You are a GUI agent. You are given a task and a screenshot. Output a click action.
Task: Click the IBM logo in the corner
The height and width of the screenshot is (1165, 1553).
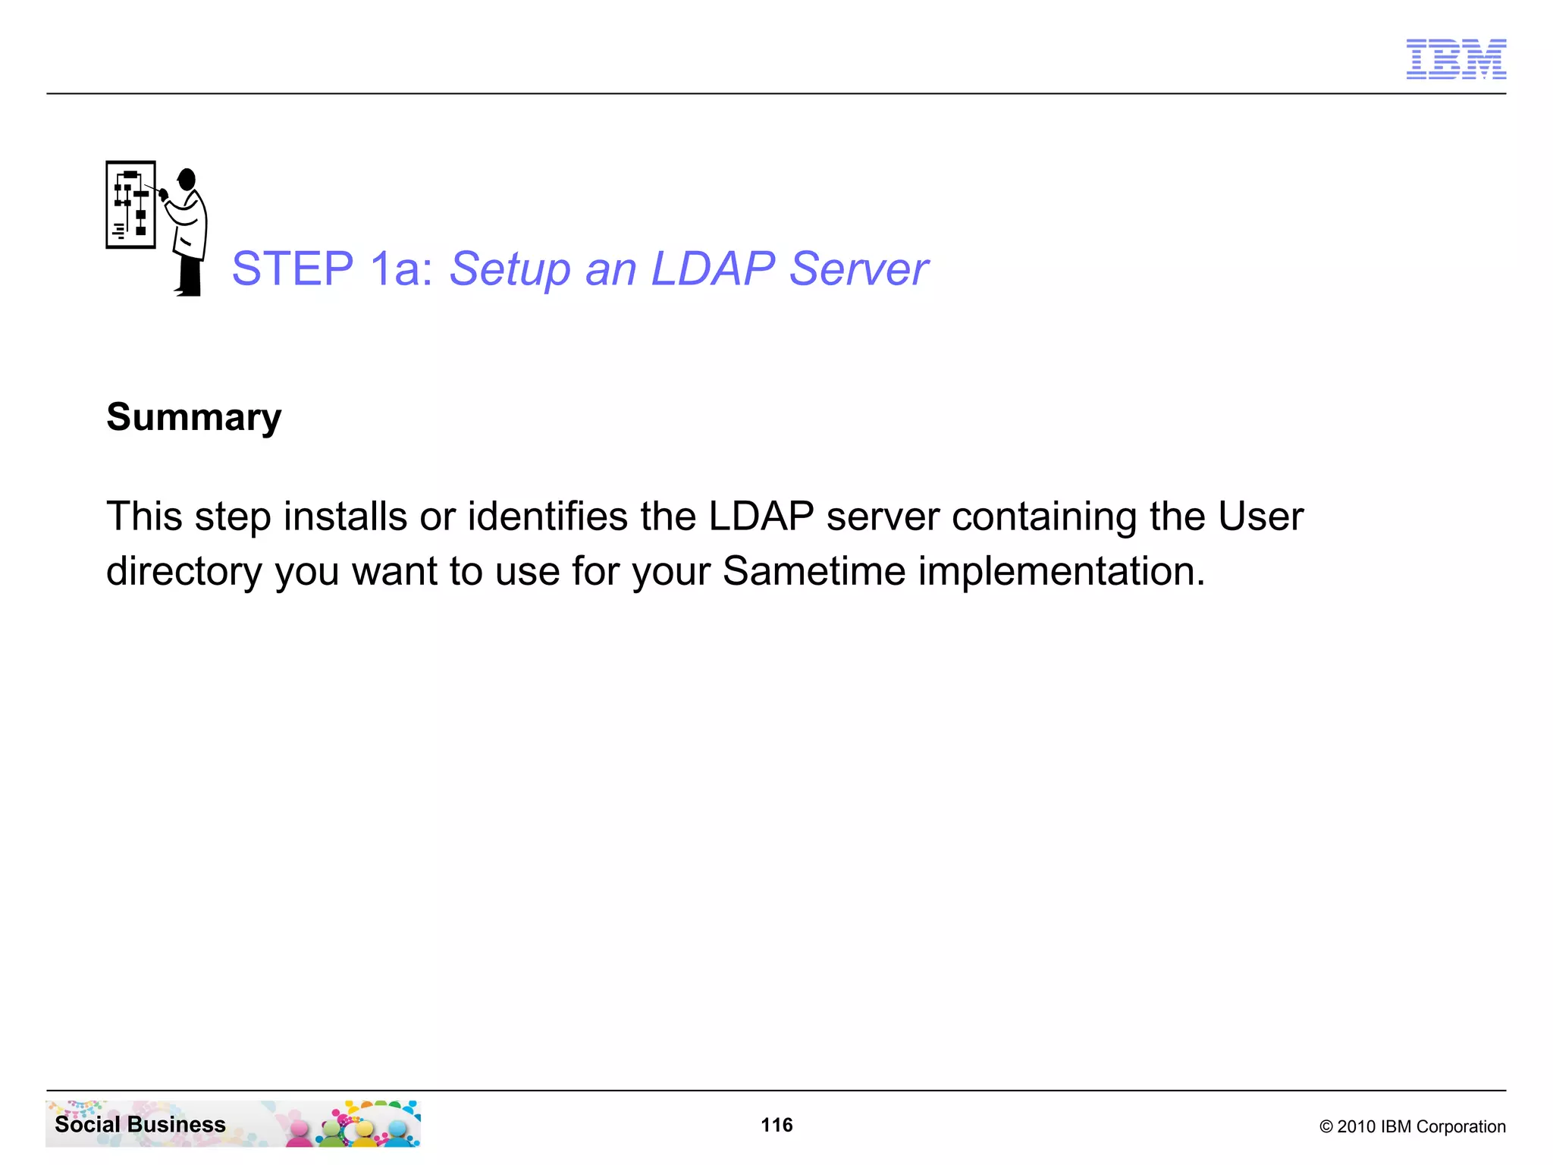[1456, 59]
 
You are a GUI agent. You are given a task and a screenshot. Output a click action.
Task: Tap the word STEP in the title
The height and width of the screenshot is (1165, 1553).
[293, 268]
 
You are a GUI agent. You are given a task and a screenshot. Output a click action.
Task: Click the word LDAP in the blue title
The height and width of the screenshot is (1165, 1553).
[713, 268]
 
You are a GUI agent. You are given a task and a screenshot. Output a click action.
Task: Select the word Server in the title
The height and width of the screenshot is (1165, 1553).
[858, 268]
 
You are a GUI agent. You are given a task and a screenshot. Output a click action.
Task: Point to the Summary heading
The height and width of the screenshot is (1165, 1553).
[194, 417]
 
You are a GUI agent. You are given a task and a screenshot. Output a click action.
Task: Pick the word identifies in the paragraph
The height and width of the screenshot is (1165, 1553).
[547, 517]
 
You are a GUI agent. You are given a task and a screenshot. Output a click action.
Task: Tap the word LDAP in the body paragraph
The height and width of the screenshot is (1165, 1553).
[761, 517]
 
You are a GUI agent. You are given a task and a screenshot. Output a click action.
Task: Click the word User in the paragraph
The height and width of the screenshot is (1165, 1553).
[1260, 517]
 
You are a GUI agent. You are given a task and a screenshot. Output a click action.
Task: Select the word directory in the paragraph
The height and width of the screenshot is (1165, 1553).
[184, 571]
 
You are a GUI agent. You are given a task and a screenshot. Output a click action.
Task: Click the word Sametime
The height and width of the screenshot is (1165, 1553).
[814, 571]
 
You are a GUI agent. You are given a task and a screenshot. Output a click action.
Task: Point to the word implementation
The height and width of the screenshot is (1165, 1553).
[1062, 571]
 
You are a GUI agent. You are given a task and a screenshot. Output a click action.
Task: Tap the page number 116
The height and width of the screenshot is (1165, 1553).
[776, 1125]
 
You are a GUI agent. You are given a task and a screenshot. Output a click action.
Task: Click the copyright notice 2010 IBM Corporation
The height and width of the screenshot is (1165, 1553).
[1412, 1126]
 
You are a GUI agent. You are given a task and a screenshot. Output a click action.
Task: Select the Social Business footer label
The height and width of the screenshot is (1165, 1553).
[140, 1124]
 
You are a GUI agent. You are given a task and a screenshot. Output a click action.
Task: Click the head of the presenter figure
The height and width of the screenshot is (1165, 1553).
[187, 180]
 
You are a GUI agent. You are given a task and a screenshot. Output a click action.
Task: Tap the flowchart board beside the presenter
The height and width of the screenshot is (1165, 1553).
[130, 204]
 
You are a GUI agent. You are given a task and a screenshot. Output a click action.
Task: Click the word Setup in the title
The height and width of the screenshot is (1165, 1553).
[510, 268]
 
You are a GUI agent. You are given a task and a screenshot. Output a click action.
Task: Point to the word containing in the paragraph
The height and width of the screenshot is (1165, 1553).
[1044, 517]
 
